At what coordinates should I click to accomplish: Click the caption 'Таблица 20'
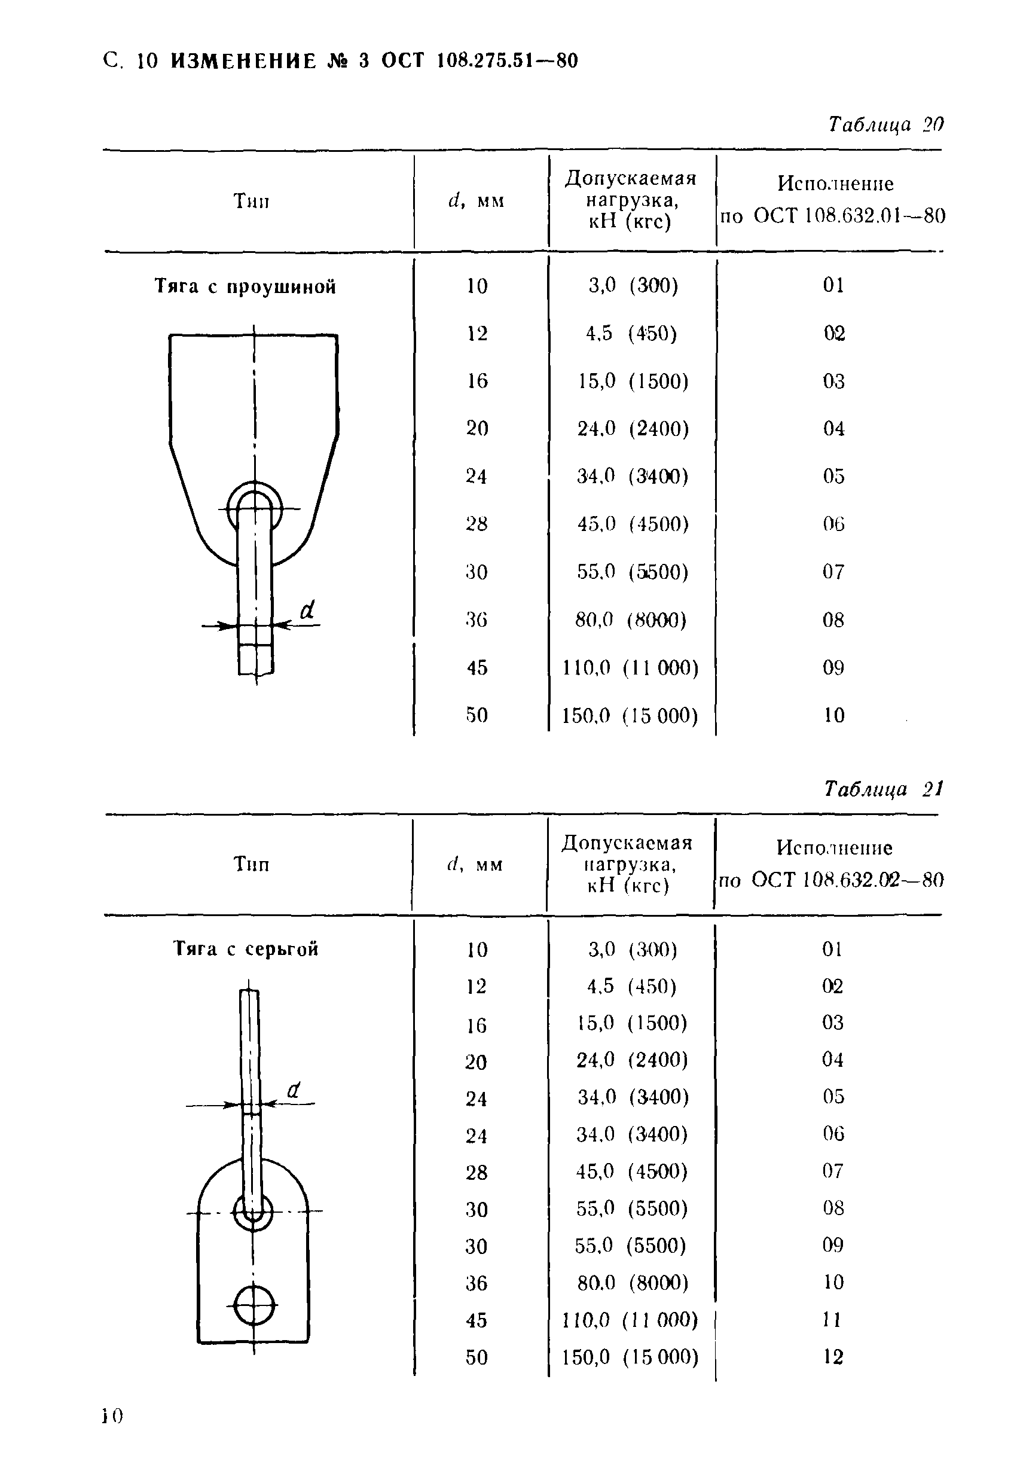(x=885, y=124)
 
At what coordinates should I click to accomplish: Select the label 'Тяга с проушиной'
(x=245, y=286)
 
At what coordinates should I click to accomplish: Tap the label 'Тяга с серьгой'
(x=246, y=949)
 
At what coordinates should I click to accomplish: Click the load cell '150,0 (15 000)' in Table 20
(x=630, y=715)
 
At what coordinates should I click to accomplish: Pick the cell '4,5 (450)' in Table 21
(x=631, y=986)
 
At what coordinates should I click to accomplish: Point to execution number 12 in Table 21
(x=833, y=1357)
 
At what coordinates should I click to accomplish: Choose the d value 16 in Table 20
(x=477, y=381)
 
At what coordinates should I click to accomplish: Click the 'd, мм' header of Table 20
(x=476, y=201)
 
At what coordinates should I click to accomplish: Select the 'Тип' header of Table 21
(x=251, y=864)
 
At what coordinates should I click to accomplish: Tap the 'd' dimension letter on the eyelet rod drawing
(x=307, y=611)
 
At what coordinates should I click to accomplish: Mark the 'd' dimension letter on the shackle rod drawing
(x=293, y=1090)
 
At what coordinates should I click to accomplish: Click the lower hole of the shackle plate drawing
(x=254, y=1305)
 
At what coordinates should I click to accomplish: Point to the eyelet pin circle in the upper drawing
(x=255, y=508)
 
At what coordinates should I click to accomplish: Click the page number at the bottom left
(x=112, y=1417)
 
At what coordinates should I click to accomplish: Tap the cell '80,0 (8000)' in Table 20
(x=630, y=620)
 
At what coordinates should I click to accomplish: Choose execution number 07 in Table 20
(x=833, y=572)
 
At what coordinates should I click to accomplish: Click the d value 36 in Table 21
(x=476, y=1283)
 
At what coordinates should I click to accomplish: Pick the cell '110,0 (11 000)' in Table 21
(x=630, y=1320)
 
